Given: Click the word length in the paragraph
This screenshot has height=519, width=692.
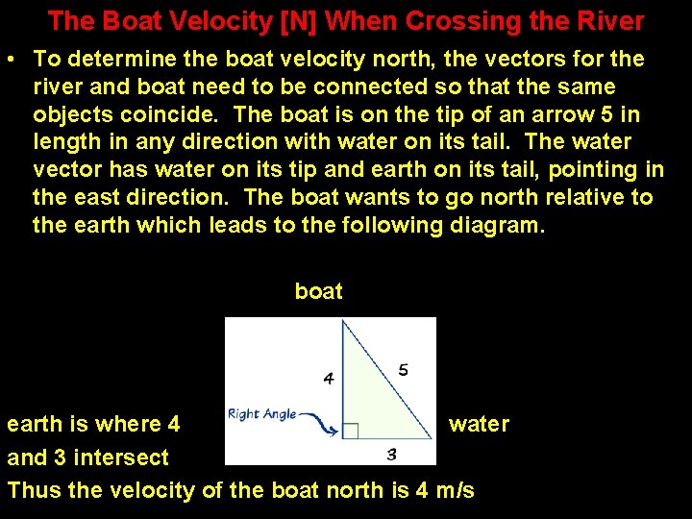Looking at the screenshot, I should point(63,142).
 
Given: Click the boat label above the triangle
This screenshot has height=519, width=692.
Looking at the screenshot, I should point(318,291).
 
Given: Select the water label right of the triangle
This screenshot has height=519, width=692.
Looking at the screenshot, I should point(479,424).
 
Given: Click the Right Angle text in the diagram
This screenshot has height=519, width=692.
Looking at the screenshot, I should point(261,414).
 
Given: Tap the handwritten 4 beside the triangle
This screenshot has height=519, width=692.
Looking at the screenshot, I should point(329,378).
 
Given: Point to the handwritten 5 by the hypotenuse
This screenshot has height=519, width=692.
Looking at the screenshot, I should point(403,370).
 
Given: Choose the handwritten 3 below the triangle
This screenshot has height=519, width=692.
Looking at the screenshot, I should point(391,454).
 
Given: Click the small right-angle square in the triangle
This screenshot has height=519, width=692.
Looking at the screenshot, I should point(351,431).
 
